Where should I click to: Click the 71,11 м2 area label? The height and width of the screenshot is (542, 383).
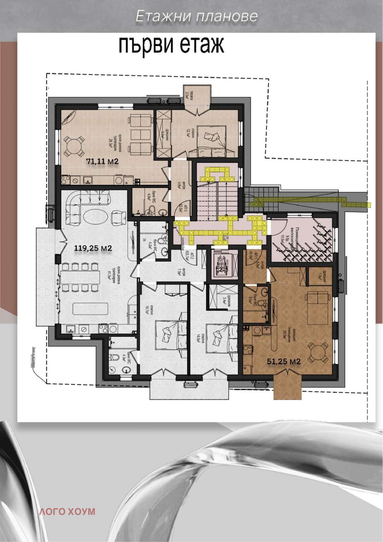(102, 161)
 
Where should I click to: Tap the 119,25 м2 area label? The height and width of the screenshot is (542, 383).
(93, 248)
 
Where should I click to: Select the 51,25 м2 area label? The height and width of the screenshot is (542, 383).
(284, 361)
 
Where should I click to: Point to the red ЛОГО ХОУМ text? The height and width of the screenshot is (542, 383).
(67, 512)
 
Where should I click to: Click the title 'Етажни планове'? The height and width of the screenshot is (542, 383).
(196, 16)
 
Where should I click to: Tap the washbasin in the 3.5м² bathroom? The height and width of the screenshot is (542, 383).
(264, 292)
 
